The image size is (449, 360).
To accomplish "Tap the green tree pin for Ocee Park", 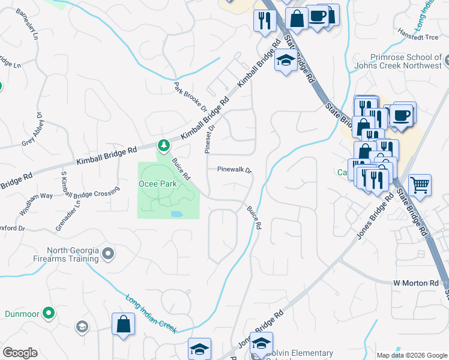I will [x=163, y=145].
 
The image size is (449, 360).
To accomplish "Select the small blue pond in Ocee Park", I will [x=176, y=214].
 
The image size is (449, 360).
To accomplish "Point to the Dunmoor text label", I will [x=23, y=313].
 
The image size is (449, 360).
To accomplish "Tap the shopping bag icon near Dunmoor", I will [x=123, y=325].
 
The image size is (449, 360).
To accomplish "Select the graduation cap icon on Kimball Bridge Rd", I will [x=285, y=61].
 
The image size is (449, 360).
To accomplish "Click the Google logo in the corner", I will [x=20, y=353].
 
